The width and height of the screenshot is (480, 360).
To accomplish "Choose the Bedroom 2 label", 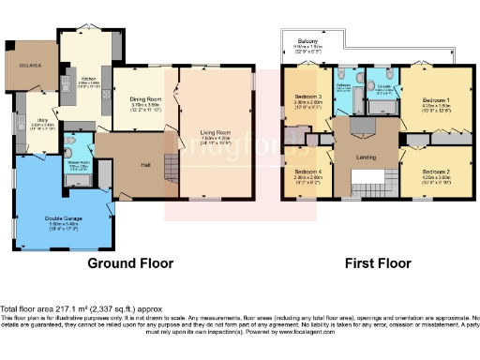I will coord(436,172).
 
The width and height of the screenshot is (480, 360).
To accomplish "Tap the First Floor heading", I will coord(376,263).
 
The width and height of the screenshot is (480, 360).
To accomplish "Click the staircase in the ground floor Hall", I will coord(169,169).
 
